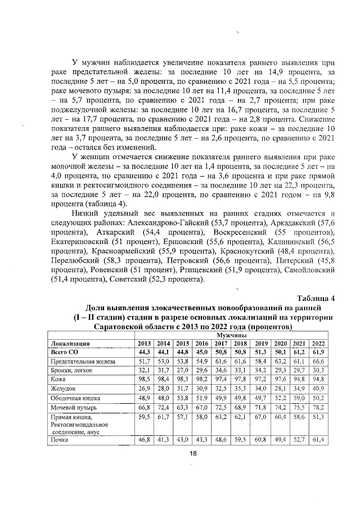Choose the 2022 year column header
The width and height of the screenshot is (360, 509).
[x=318, y=343]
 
